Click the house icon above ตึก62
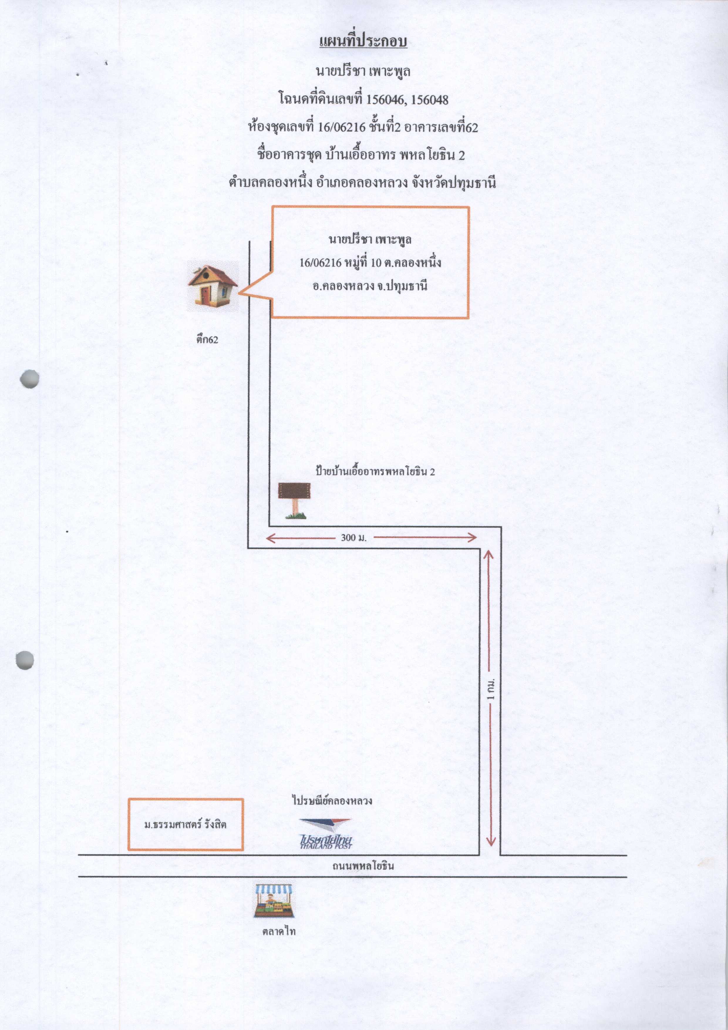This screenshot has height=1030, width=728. pos(213,286)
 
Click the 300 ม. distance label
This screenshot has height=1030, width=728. pos(354,537)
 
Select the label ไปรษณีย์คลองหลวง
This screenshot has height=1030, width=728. pos(332,801)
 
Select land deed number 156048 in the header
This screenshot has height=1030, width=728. pos(430,99)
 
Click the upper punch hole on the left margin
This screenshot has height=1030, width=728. pos(30,379)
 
